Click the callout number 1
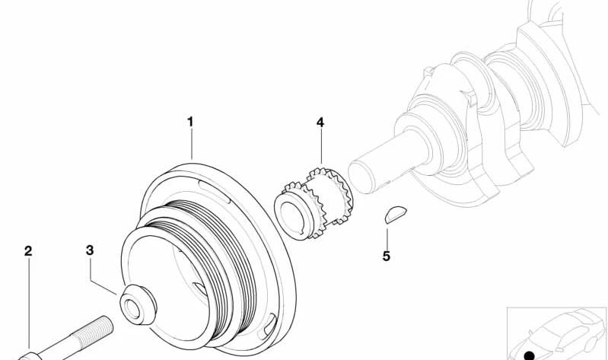pos(190,122)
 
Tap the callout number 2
pos(28,251)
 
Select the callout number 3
pos(90,250)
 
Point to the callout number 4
pos(320,123)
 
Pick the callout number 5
pos(387,256)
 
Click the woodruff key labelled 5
pos(396,215)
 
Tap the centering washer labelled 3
pos(138,305)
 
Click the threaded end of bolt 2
pos(95,331)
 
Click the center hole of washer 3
pos(132,310)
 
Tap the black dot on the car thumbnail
pos(530,355)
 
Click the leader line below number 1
pos(192,144)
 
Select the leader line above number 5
pos(387,238)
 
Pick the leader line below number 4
pos(321,146)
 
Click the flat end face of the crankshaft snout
pos(361,177)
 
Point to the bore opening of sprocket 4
pos(291,218)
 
